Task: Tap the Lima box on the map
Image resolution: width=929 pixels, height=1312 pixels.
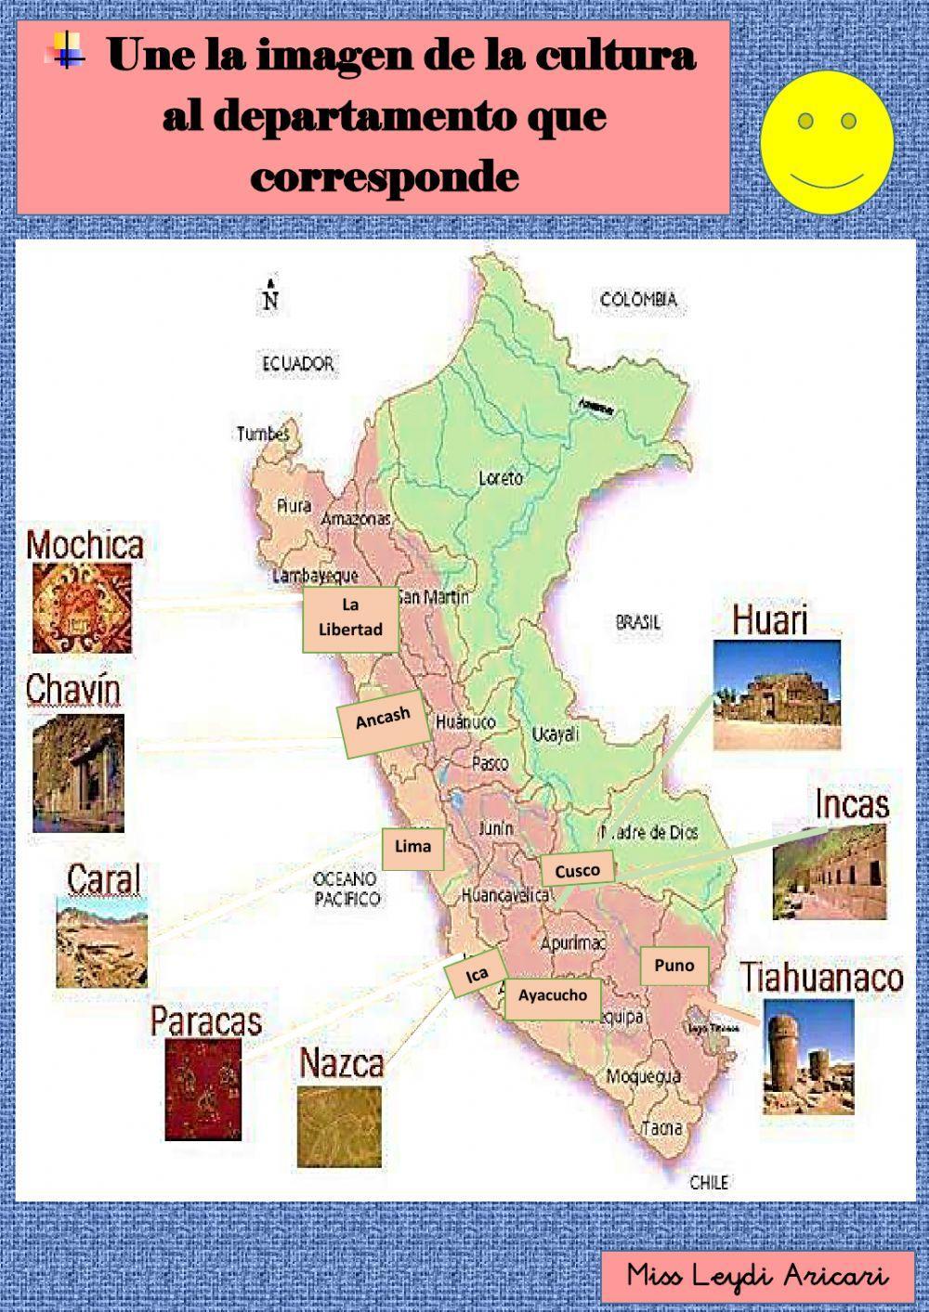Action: pyautogui.click(x=412, y=847)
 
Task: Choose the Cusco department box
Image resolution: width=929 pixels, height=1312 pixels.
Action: pyautogui.click(x=577, y=870)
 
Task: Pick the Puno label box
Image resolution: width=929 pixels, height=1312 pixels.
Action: pyautogui.click(x=674, y=966)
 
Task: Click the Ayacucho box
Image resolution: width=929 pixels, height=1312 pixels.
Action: pyautogui.click(x=553, y=996)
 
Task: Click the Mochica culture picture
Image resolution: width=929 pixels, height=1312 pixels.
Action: pyautogui.click(x=82, y=608)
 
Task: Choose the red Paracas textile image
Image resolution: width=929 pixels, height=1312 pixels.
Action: pyautogui.click(x=203, y=1088)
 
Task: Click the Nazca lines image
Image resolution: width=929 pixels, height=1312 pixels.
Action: pyautogui.click(x=339, y=1125)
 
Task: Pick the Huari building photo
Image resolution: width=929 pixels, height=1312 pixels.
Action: pyautogui.click(x=777, y=695)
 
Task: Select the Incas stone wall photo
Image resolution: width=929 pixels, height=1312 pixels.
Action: pyautogui.click(x=829, y=872)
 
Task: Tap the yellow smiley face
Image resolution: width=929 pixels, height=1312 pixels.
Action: pyautogui.click(x=827, y=141)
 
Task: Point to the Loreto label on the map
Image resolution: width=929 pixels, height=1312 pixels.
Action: pyautogui.click(x=501, y=478)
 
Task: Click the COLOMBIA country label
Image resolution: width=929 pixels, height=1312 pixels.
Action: pyautogui.click(x=638, y=299)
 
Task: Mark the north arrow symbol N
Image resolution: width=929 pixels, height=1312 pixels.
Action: pyautogui.click(x=270, y=295)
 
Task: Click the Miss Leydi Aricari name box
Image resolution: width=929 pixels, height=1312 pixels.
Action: pyautogui.click(x=756, y=1276)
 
